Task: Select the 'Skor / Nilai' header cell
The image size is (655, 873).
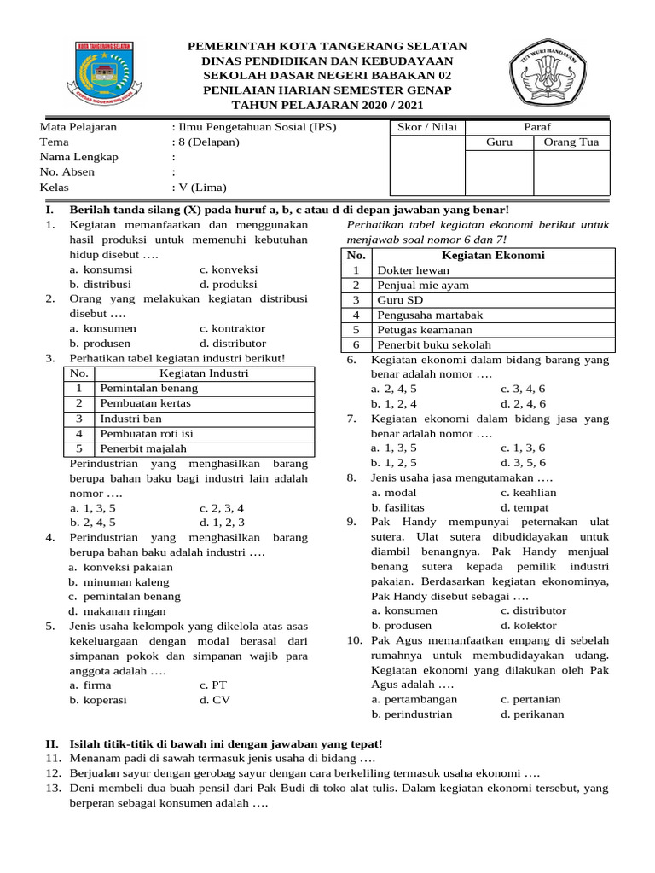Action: (427, 127)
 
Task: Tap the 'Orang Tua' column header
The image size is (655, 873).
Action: (571, 142)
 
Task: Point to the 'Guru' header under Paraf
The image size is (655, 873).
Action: (499, 142)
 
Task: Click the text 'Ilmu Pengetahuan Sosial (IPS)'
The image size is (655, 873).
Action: (257, 127)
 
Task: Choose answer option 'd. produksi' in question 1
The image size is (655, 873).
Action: (229, 284)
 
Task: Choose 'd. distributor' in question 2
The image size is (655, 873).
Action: (233, 343)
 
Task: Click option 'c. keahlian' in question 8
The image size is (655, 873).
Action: (529, 493)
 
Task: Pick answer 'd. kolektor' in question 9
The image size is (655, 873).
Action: (529, 625)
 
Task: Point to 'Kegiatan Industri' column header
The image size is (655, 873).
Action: (204, 373)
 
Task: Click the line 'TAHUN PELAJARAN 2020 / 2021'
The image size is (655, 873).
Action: (327, 104)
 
